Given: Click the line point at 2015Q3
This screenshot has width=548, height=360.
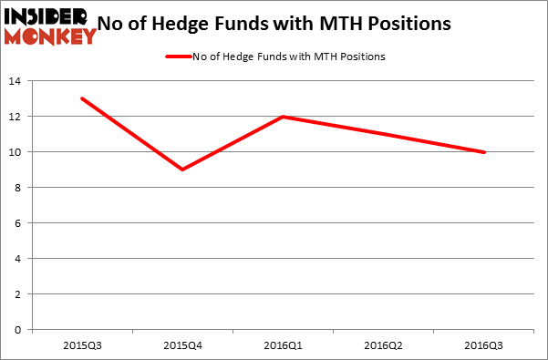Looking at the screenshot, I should (x=82, y=98).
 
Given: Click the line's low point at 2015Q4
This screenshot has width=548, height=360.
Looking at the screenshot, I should (x=182, y=170).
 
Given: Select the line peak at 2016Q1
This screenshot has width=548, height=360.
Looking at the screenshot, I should (x=284, y=117).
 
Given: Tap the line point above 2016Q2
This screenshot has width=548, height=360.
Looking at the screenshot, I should (x=384, y=134).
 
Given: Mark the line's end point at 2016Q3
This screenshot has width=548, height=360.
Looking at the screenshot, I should (x=484, y=152).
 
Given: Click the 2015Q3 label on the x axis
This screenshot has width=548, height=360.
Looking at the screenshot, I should (x=82, y=346).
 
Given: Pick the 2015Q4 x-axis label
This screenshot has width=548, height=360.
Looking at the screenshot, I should (x=182, y=346).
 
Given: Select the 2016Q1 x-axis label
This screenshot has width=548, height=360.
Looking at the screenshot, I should (x=284, y=346).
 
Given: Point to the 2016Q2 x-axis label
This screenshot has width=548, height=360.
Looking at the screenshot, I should (x=384, y=346).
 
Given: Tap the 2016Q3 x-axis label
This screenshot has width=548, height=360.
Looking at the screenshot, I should (x=484, y=346).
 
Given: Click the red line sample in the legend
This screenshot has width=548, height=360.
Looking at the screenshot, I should (x=178, y=57).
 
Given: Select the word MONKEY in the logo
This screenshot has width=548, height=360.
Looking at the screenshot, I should (x=52, y=36).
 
